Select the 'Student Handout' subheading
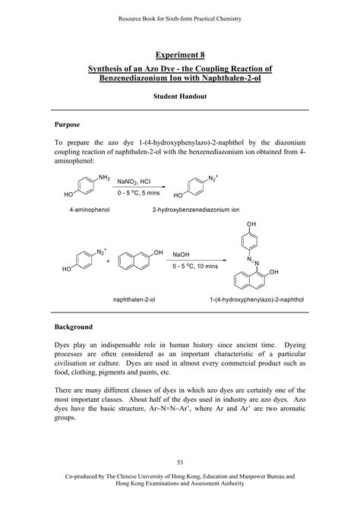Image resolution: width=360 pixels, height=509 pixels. click(180, 98)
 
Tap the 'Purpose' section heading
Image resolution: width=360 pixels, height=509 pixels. click(68, 124)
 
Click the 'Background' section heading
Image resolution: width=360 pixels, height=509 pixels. click(74, 327)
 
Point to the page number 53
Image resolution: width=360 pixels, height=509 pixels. click(180, 462)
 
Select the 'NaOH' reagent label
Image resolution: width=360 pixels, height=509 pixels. click(181, 254)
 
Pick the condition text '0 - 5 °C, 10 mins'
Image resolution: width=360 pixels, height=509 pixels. click(195, 267)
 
